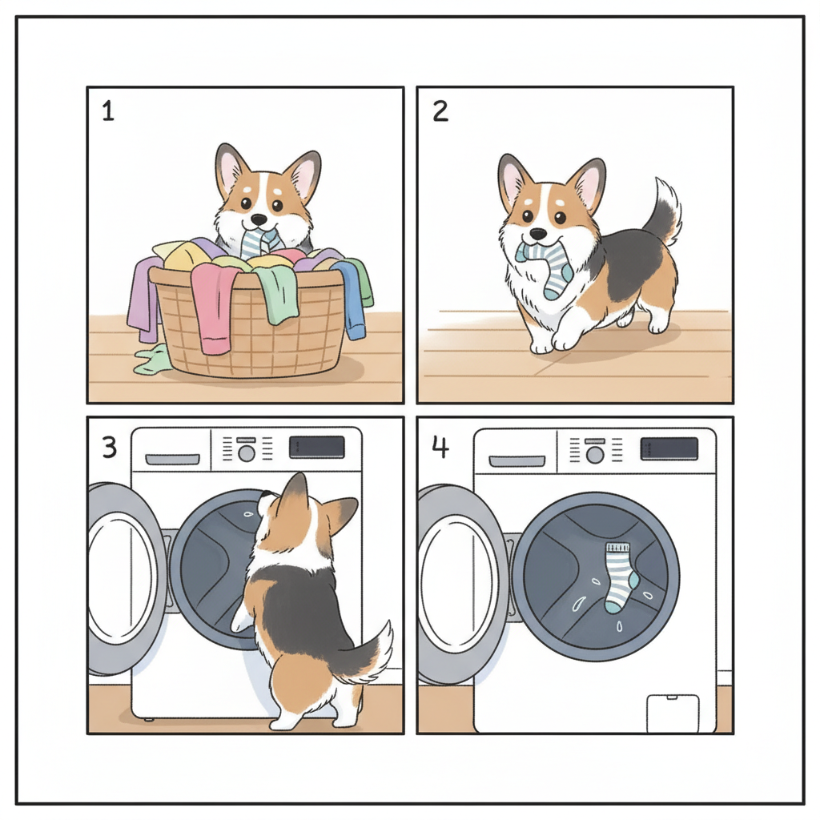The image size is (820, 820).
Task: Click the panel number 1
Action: pyautogui.click(x=108, y=111)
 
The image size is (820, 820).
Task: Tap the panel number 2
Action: pyautogui.click(x=440, y=111)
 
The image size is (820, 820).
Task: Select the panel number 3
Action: pyautogui.click(x=109, y=448)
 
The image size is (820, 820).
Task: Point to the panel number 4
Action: pyautogui.click(x=440, y=448)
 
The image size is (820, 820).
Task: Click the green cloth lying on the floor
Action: pyautogui.click(x=151, y=361)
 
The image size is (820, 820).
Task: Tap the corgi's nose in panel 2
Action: pyautogui.click(x=538, y=233)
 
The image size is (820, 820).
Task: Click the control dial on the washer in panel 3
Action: pyautogui.click(x=247, y=453)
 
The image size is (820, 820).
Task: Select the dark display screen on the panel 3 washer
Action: pyautogui.click(x=316, y=447)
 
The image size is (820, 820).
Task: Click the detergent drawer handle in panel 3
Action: pyautogui.click(x=173, y=459)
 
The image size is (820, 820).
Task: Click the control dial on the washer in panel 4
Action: pyautogui.click(x=595, y=455)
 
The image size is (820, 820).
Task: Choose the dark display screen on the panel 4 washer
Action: pyautogui.click(x=669, y=449)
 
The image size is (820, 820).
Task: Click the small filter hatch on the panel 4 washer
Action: pyautogui.click(x=673, y=713)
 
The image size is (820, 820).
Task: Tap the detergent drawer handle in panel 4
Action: pyautogui.click(x=517, y=460)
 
